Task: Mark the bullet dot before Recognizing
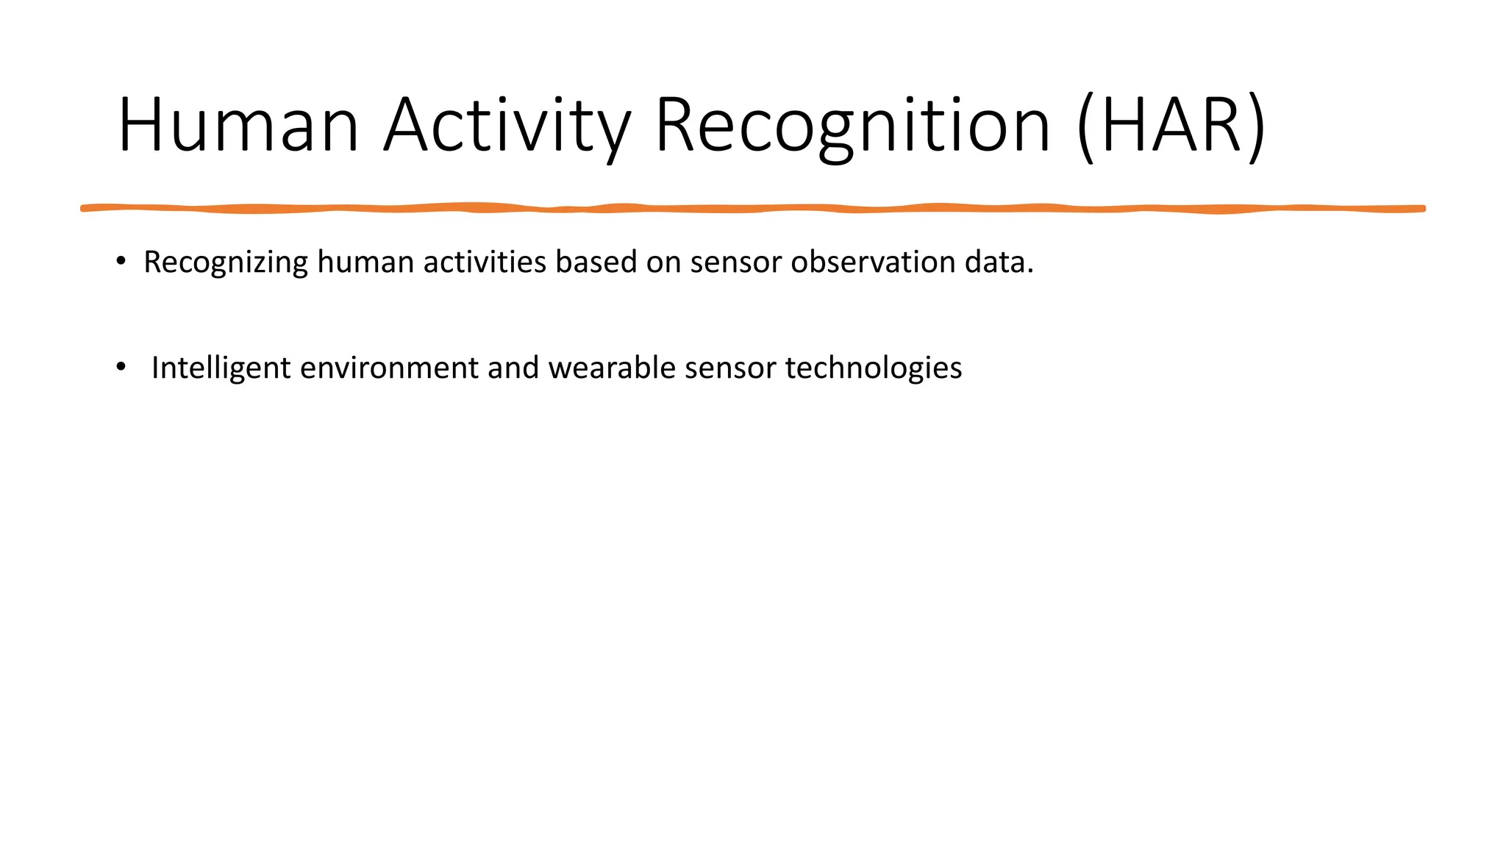coord(121,260)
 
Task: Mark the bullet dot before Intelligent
coord(121,366)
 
